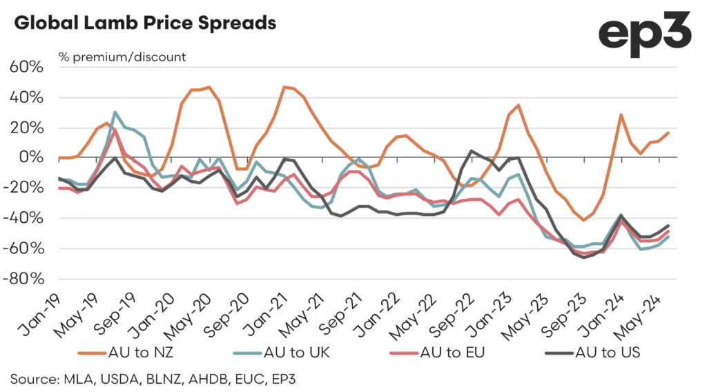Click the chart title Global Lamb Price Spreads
click(145, 23)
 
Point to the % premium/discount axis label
click(121, 57)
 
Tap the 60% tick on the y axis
click(28, 68)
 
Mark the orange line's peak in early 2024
click(621, 115)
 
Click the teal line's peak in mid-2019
click(115, 112)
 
